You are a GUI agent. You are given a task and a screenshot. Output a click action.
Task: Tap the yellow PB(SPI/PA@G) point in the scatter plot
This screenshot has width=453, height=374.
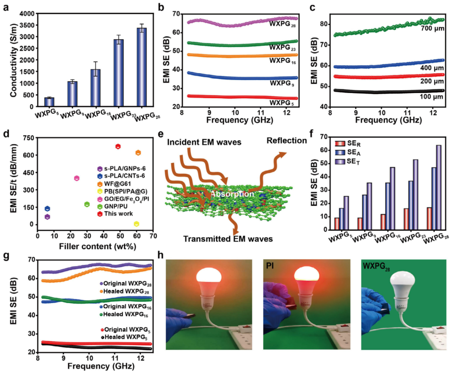[x=136, y=224]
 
